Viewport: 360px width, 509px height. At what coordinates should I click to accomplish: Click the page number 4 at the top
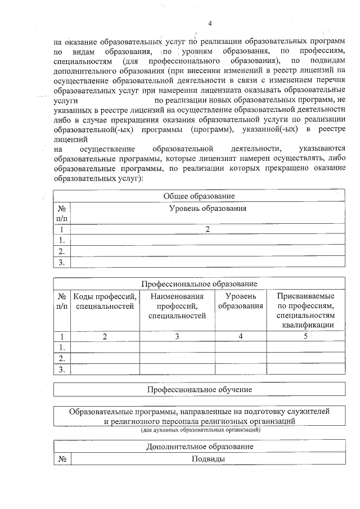tap(209, 23)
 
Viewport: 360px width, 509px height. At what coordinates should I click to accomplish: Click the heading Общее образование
tap(199, 196)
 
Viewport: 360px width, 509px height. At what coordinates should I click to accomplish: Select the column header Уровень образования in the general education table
tap(208, 208)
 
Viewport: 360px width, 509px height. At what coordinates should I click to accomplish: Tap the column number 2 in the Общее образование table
tap(208, 229)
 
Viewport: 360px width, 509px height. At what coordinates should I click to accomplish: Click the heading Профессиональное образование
tap(199, 284)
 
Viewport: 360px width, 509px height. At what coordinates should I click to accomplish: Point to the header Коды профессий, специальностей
tap(105, 301)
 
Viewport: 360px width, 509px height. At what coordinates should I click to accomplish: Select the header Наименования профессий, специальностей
tap(177, 306)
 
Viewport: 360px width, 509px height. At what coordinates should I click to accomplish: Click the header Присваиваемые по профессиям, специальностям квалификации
tap(306, 310)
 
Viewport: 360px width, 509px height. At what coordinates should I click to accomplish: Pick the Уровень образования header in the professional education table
tap(241, 301)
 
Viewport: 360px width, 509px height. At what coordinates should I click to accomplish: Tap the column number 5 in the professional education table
tap(306, 336)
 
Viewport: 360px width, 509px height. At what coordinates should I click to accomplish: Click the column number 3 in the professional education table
tap(177, 336)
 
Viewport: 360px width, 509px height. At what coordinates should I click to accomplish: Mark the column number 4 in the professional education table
tap(241, 336)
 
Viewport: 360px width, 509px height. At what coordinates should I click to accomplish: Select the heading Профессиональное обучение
tap(199, 389)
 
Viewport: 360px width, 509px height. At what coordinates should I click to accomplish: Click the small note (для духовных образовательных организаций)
tap(200, 430)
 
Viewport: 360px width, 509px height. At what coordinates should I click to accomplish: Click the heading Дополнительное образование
tap(199, 447)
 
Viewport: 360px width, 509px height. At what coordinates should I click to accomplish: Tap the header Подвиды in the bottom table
tap(208, 459)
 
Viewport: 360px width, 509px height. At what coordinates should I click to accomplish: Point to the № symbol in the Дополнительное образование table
tap(61, 459)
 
